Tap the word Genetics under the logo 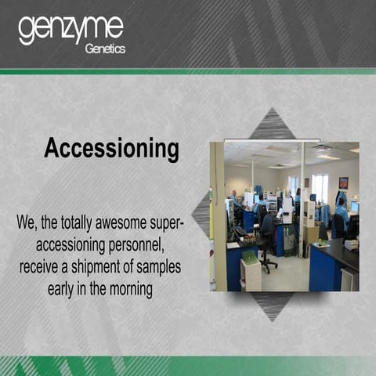[x=104, y=49]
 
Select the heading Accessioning [x=111, y=148]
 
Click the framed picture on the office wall [x=343, y=183]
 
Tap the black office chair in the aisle [x=267, y=239]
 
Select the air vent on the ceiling [x=321, y=149]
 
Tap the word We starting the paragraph [x=27, y=223]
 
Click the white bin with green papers [x=251, y=270]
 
